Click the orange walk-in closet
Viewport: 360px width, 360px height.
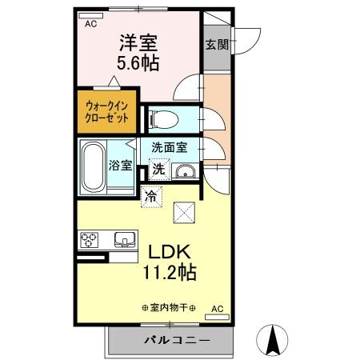pyautogui.click(x=106, y=110)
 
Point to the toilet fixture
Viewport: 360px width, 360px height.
pyautogui.click(x=165, y=119)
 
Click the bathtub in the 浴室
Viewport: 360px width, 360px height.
pyautogui.click(x=98, y=165)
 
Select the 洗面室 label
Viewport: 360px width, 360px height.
pyautogui.click(x=170, y=147)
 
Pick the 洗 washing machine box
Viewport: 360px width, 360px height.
pyautogui.click(x=158, y=170)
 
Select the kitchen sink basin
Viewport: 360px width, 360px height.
pyautogui.click(x=126, y=239)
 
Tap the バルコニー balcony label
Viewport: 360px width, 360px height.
pyautogui.click(x=178, y=340)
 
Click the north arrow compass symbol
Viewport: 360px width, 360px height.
pyautogui.click(x=273, y=341)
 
